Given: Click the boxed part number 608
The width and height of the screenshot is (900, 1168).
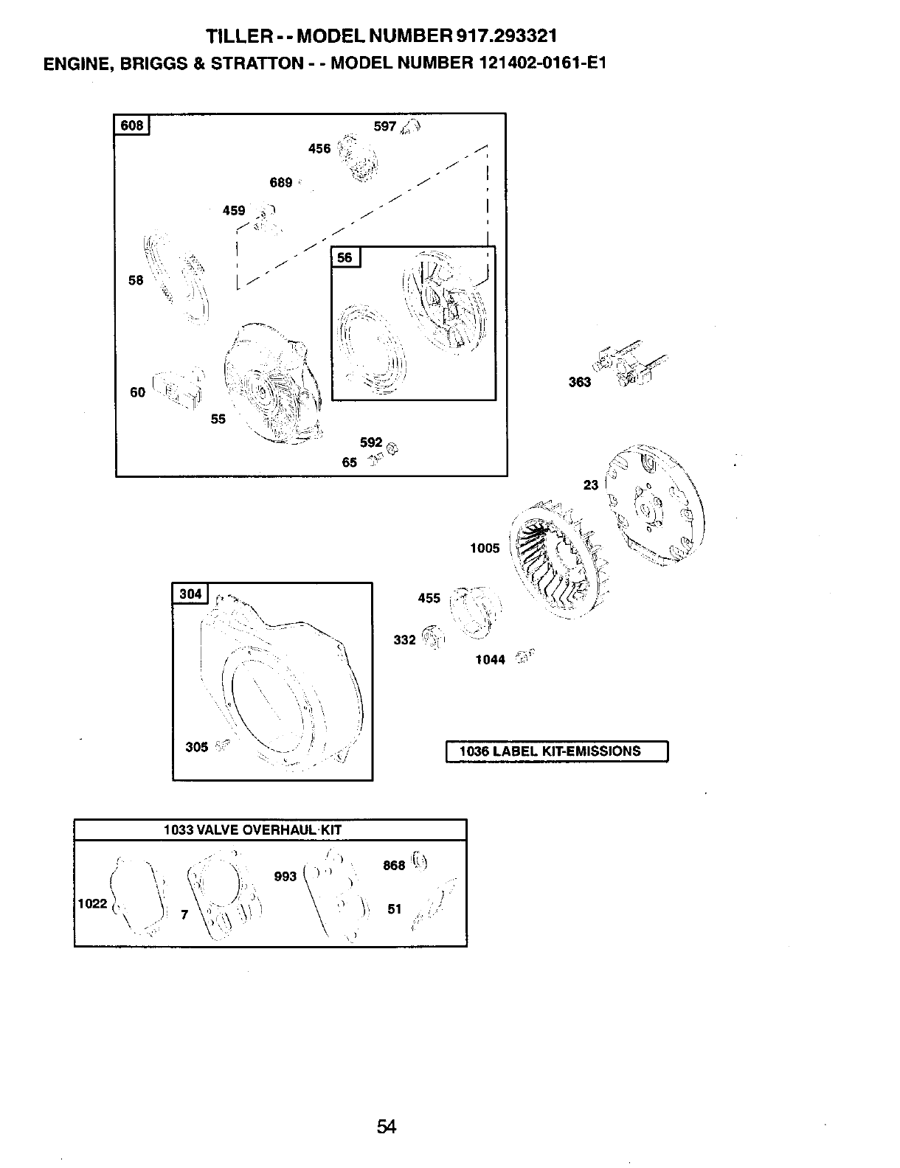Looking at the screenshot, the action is click(132, 125).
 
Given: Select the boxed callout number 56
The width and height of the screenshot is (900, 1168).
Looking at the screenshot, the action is click(345, 257).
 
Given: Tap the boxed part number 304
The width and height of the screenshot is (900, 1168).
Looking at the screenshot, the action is click(190, 594).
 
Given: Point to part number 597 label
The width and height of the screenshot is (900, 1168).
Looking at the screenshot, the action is click(385, 126).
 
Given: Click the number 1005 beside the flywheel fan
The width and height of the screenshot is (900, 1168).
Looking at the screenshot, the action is click(485, 548).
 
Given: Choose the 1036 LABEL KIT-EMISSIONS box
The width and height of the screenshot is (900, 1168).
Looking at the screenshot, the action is click(557, 751).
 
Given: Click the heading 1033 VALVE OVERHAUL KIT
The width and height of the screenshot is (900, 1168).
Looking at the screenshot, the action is click(252, 830).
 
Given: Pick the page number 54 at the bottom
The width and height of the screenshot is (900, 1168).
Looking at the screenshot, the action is click(387, 1127).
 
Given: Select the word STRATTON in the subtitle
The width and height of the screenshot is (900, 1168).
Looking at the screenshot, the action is click(257, 63).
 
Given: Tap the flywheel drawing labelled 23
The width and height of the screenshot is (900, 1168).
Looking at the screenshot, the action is click(653, 505).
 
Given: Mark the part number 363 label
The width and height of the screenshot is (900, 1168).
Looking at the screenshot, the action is click(580, 382).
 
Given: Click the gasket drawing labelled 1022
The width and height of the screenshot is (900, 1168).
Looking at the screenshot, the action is click(137, 896).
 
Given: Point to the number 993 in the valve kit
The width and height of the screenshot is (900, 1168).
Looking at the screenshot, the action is click(285, 876).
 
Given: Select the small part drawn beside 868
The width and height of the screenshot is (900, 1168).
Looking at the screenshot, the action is click(420, 860).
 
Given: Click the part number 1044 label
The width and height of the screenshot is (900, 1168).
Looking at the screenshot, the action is click(490, 660).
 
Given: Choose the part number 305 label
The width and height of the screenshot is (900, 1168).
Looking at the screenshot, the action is click(196, 747).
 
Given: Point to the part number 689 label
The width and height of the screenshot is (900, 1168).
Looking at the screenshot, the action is click(281, 183).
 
